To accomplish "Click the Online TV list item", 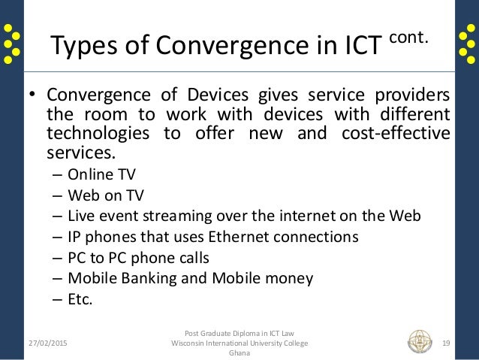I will point(97,176).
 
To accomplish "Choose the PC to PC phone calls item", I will point(138,258).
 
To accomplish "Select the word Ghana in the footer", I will point(239,353).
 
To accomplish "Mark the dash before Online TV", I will point(58,176).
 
